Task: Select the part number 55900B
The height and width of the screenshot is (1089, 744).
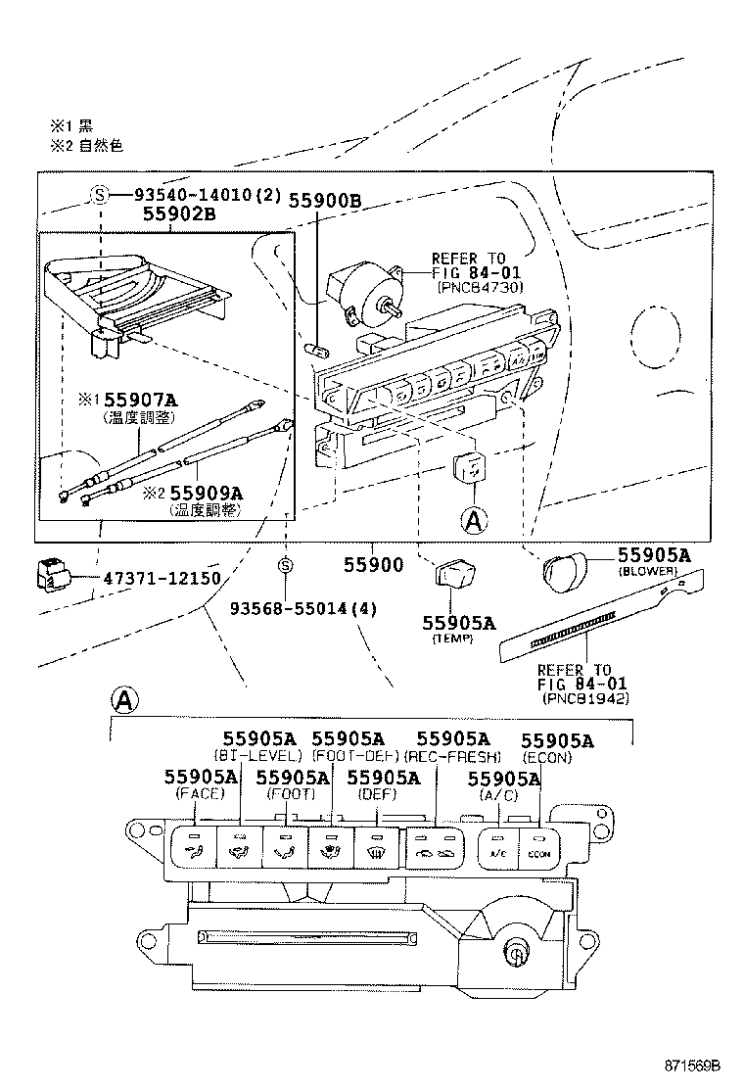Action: click(x=325, y=202)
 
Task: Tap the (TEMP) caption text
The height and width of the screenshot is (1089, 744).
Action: click(x=452, y=639)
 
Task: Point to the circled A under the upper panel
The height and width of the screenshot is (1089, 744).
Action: click(x=473, y=521)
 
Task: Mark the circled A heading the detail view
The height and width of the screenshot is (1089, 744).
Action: click(x=124, y=701)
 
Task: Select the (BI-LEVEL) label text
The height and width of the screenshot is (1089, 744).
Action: click(x=258, y=756)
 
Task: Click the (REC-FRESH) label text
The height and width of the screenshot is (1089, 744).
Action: click(x=452, y=756)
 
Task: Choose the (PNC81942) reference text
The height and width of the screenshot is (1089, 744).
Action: click(x=585, y=698)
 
